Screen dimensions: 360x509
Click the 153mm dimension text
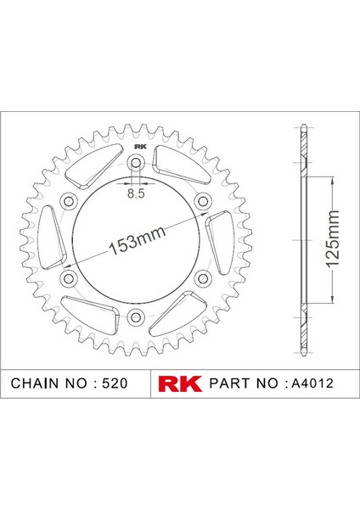click(137, 240)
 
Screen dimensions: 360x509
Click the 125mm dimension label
click(332, 239)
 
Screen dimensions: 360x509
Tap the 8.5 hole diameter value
click(136, 193)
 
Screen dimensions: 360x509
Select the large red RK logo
click(180, 383)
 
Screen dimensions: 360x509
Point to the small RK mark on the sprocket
click(140, 147)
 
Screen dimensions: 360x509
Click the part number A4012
click(312, 383)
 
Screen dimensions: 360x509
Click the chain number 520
click(115, 383)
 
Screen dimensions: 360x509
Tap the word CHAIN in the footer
click(36, 383)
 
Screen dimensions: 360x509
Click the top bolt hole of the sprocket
click(136, 163)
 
